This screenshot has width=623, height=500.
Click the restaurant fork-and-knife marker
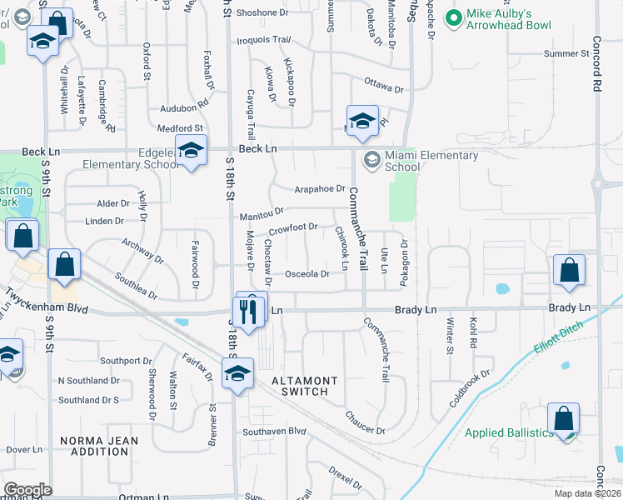click(x=251, y=310)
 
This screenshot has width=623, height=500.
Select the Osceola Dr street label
click(x=309, y=274)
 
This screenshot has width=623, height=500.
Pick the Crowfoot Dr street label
click(x=292, y=227)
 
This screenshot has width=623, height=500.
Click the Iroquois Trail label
click(x=264, y=39)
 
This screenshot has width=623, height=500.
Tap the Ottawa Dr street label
click(x=383, y=83)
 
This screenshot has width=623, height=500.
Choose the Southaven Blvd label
click(x=275, y=432)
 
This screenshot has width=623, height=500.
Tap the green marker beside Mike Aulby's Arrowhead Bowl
click(x=454, y=17)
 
